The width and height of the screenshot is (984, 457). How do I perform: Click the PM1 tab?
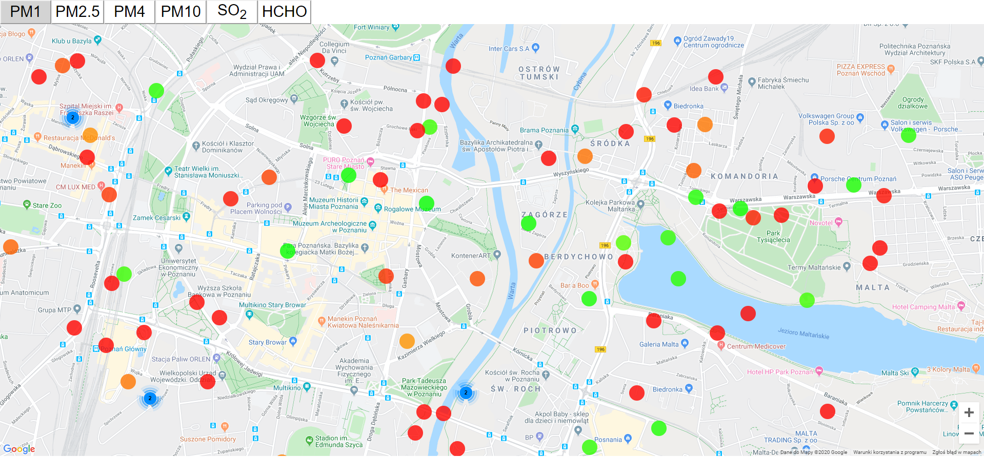point(26,11)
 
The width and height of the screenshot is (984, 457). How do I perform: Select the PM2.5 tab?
point(77,11)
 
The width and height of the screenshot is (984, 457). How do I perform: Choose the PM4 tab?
point(129,11)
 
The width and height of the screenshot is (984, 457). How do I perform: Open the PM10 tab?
point(180,11)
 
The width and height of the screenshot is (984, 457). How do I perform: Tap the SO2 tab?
point(232,11)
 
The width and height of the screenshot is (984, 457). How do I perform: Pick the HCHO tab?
point(284,11)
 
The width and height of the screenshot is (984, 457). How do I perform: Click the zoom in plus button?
point(969,412)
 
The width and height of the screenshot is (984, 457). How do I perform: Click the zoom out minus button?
point(969,433)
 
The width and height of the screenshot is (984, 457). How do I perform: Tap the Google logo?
point(19,449)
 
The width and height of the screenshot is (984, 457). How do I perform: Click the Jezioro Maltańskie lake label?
point(803,333)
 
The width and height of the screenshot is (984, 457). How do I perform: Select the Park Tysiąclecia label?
point(773,236)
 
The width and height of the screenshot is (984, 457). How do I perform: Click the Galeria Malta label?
point(659,344)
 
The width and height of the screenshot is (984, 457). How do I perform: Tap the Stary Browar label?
point(268,342)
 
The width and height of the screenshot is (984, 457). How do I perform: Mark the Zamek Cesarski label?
point(156,218)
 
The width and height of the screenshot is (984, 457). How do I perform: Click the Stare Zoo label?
point(47,205)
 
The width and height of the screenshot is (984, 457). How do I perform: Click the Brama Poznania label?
point(544,130)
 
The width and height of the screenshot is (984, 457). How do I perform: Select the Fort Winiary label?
point(371,27)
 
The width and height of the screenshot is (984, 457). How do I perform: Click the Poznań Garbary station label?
point(388,57)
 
